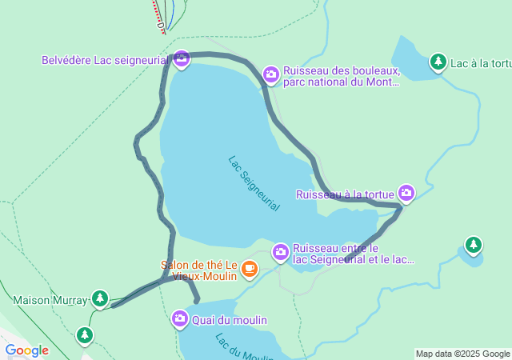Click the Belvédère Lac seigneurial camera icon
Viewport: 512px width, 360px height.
coord(181,59)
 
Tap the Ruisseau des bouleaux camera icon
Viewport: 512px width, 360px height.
coord(271,75)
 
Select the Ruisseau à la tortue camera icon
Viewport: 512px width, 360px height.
coord(406,193)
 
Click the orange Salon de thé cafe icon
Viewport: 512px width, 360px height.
coord(250,268)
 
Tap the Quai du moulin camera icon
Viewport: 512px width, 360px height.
coord(179,319)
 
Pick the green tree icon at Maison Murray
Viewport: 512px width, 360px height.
coord(99,299)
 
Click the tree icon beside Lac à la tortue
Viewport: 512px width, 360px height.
coord(438,62)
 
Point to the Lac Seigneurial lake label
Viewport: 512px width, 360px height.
coord(254,183)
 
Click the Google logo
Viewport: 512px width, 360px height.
coord(26,350)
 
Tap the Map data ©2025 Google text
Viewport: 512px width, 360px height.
coord(462,354)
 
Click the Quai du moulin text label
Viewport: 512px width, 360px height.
coord(230,320)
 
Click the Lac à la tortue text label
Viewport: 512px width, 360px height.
coord(481,62)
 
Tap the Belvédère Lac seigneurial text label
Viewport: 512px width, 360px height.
coord(105,59)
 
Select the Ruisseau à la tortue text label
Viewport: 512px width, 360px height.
coord(345,194)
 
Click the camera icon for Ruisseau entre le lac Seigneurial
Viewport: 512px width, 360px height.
coord(280,252)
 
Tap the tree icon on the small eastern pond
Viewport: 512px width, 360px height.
coord(474,244)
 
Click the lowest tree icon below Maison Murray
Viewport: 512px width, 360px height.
coord(85,334)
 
